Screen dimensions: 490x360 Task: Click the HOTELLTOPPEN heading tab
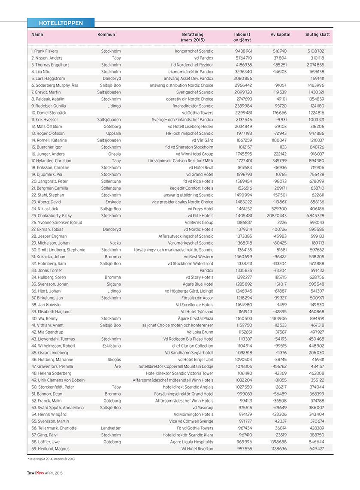point(61,23)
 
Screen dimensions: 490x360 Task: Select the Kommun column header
point(106,35)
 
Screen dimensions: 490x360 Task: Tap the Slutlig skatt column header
point(318,35)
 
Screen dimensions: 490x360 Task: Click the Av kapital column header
point(281,35)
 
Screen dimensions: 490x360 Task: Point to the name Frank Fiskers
point(45,51)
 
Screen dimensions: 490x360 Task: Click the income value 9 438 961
point(243,51)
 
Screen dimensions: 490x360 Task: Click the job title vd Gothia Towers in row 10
point(197,113)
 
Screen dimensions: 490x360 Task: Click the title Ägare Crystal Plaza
point(195,318)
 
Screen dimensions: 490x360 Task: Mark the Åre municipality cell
point(118,366)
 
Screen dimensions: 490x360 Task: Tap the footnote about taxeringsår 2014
point(51,459)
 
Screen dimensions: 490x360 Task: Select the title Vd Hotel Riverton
point(197,449)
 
